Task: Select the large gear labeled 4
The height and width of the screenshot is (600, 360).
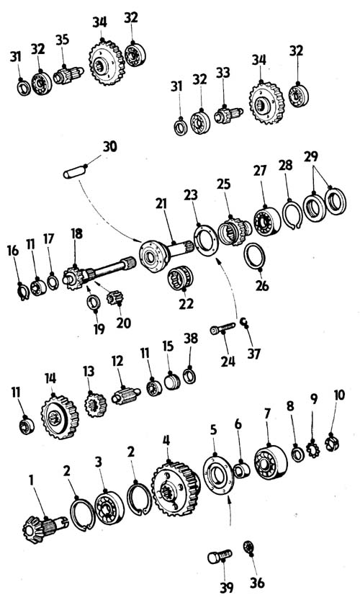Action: pyautogui.click(x=176, y=488)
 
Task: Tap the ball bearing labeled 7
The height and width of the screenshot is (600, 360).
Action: pyautogui.click(x=271, y=463)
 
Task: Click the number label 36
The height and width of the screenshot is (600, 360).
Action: pyautogui.click(x=257, y=583)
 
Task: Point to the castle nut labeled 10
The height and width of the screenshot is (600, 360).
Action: pyautogui.click(x=332, y=443)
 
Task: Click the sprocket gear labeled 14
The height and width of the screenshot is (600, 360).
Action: pyautogui.click(x=60, y=416)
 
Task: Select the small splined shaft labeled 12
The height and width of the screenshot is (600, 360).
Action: pyautogui.click(x=126, y=395)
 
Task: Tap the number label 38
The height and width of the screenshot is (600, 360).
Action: pyautogui.click(x=191, y=339)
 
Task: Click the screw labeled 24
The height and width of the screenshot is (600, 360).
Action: pyautogui.click(x=222, y=328)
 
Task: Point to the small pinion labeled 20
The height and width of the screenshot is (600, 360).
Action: pyautogui.click(x=114, y=297)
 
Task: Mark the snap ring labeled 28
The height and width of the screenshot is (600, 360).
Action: pyautogui.click(x=292, y=215)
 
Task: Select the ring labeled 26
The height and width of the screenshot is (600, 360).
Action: pyautogui.click(x=254, y=256)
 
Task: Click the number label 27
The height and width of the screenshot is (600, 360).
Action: pyautogui.click(x=260, y=171)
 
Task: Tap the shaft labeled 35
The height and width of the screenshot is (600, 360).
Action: pyautogui.click(x=68, y=75)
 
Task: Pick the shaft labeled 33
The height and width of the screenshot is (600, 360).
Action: pyautogui.click(x=228, y=114)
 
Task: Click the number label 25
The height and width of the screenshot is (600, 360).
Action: pyautogui.click(x=224, y=184)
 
